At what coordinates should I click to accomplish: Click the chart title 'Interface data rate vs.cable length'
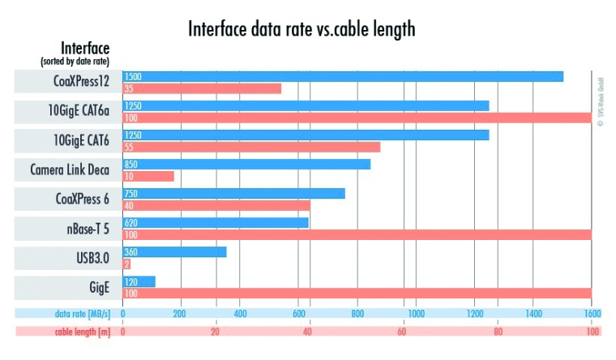[302, 29]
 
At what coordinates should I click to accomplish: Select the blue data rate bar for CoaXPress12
[343, 76]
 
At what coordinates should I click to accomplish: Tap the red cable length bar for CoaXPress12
[202, 88]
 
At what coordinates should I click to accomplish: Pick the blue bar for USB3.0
[174, 251]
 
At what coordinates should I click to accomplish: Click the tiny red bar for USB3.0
[126, 264]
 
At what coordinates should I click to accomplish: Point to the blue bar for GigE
[139, 281]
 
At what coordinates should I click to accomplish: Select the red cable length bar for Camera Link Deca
[148, 176]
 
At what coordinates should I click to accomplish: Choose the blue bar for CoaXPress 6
[233, 193]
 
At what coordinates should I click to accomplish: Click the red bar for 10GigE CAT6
[251, 147]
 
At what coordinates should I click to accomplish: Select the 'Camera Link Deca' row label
[70, 169]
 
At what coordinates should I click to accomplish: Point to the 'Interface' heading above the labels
[84, 48]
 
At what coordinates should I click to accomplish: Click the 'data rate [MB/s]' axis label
[82, 313]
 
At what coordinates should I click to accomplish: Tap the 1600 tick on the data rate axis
[590, 313]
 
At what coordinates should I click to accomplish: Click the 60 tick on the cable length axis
[402, 332]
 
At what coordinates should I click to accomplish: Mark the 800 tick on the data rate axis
[357, 313]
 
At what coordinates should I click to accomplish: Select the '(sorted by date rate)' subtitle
[75, 62]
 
